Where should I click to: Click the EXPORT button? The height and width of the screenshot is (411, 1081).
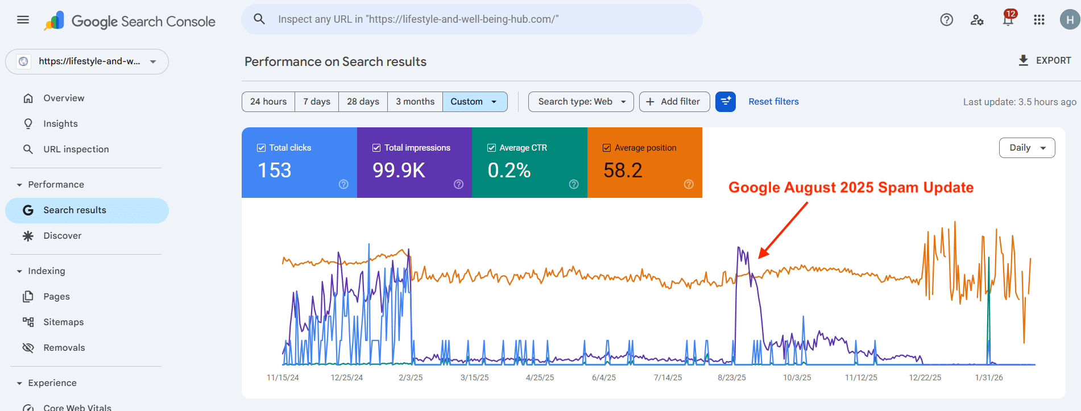tap(1045, 60)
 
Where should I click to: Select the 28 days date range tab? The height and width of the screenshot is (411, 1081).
tap(363, 102)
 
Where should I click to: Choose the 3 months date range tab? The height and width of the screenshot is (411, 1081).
tap(415, 102)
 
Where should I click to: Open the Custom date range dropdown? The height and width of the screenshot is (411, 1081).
tap(474, 102)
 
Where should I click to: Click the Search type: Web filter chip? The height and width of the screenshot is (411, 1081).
tap(581, 102)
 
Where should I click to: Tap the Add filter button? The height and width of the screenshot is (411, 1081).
tap(674, 102)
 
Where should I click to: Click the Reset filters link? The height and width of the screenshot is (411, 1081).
tap(773, 102)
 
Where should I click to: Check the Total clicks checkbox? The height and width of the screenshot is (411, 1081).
tap(262, 148)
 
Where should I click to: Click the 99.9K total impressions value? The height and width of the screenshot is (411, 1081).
tap(399, 170)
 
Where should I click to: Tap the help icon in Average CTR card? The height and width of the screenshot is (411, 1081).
tap(574, 184)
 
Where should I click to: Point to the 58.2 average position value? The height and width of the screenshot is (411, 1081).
tap(623, 170)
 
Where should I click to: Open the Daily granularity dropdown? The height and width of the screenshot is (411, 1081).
tap(1026, 148)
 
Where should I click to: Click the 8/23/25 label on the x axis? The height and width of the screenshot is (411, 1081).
tap(731, 377)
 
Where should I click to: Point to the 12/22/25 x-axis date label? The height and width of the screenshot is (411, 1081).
tap(925, 377)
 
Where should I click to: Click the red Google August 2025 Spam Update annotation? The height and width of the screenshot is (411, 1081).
tap(851, 188)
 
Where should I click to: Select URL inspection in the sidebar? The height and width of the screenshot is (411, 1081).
tap(76, 150)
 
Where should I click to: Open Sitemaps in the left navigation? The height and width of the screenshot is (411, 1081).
tap(63, 322)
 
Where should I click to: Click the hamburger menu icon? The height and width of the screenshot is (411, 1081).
tap(23, 20)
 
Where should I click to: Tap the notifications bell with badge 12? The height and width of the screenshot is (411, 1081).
tap(1008, 20)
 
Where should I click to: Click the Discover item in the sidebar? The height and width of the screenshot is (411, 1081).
tap(62, 236)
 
